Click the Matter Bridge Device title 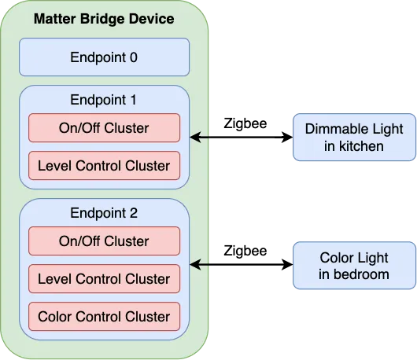pyautogui.click(x=104, y=18)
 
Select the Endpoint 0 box pyautogui.click(x=104, y=57)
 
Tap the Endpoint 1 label pyautogui.click(x=104, y=100)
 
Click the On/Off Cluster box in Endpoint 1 pyautogui.click(x=104, y=128)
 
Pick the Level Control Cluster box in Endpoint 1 pyautogui.click(x=104, y=166)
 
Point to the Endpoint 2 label pyautogui.click(x=104, y=213)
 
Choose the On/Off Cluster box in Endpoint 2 pyautogui.click(x=104, y=241)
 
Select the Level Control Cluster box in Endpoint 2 pyautogui.click(x=104, y=279)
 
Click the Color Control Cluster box pyautogui.click(x=104, y=317)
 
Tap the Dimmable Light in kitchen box pyautogui.click(x=355, y=138)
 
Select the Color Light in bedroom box pyautogui.click(x=355, y=266)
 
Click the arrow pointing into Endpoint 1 pyautogui.click(x=200, y=138)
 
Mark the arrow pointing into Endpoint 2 pyautogui.click(x=200, y=266)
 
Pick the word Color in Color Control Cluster pyautogui.click(x=54, y=317)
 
